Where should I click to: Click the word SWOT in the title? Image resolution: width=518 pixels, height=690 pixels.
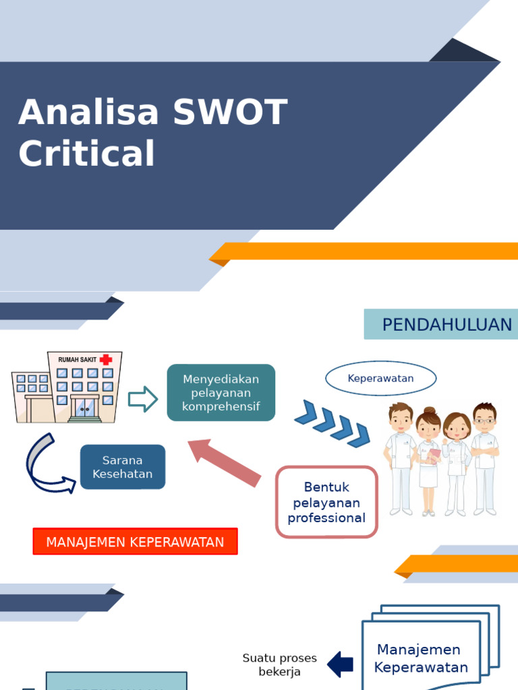230,113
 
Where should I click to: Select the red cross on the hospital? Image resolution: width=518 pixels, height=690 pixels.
106,360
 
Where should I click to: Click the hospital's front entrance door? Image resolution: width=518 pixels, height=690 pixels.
84,408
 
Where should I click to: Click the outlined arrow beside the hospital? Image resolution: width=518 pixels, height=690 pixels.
142,399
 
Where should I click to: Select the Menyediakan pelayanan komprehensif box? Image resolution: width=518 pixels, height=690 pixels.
221,393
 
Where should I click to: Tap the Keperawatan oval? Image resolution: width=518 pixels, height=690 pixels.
380,379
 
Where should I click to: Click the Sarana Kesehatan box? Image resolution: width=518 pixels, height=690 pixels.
123,467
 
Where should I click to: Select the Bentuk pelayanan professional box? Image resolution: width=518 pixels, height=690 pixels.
326,503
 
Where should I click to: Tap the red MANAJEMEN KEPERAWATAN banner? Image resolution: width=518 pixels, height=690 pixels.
135,542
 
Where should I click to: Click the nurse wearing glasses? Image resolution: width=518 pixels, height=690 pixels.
484,458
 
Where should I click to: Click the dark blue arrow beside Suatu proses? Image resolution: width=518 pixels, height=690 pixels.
341,664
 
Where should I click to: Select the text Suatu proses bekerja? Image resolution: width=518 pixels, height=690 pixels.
279,664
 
